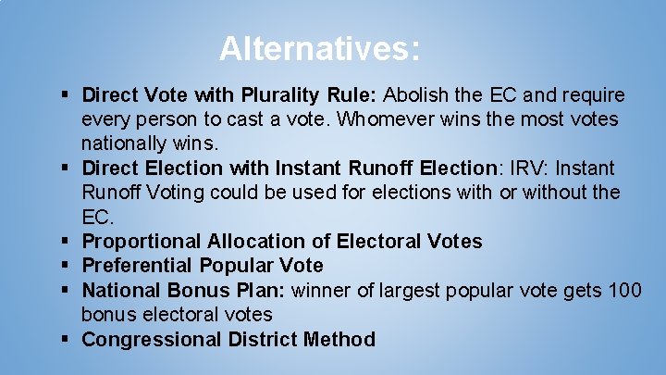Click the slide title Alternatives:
(320, 48)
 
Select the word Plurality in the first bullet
(279, 95)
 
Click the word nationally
(123, 144)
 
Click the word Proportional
(142, 242)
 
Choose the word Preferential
(141, 266)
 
